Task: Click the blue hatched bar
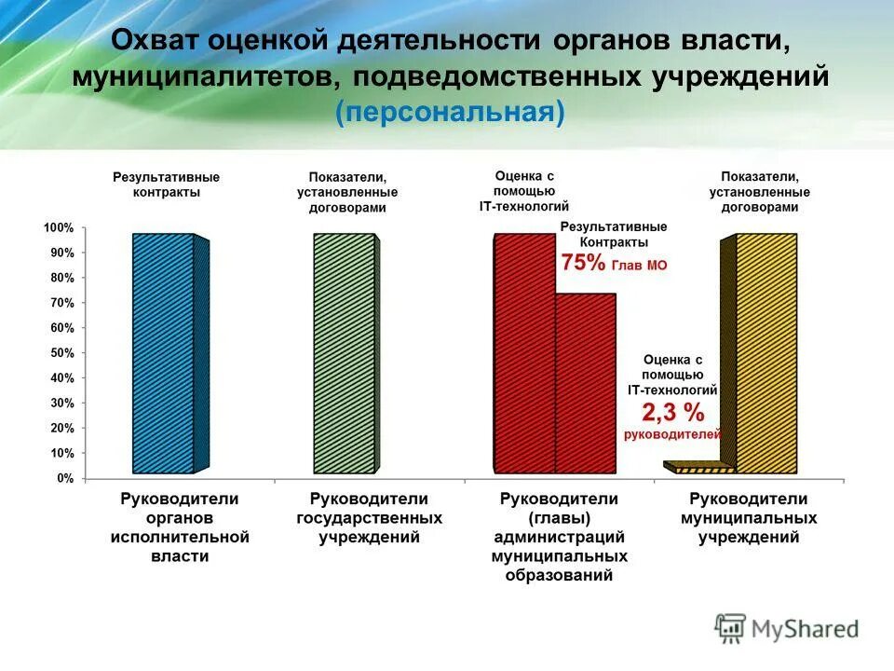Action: tap(163, 354)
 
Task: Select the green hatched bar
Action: tap(344, 354)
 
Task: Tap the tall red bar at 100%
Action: tap(523, 354)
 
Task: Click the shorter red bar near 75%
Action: tap(586, 382)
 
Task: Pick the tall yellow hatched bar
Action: tap(766, 354)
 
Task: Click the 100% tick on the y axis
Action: tap(58, 228)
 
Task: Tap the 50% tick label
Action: tap(61, 353)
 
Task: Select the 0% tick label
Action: tap(64, 478)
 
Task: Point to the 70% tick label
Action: tap(61, 303)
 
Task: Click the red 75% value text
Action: tap(583, 264)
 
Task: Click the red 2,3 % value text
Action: tap(672, 412)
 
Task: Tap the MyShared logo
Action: tap(786, 628)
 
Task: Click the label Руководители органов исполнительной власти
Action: tap(180, 527)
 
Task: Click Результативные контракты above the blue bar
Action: tap(167, 184)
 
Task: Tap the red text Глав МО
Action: tap(639, 266)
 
